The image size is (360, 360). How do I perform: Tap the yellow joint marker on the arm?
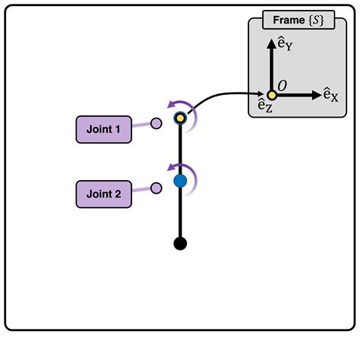point(180,118)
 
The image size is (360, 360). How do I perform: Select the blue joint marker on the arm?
point(180,182)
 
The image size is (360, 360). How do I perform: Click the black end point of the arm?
point(180,243)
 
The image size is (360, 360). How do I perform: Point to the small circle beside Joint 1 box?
point(156,124)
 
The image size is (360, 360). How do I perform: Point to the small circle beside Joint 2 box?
point(156,187)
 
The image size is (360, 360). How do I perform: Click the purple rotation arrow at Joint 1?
point(181,104)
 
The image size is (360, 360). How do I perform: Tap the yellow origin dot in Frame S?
point(271,96)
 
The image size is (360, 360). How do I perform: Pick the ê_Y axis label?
point(286,46)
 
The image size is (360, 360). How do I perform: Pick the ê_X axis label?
point(330,95)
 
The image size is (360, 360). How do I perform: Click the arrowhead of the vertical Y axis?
point(271,43)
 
